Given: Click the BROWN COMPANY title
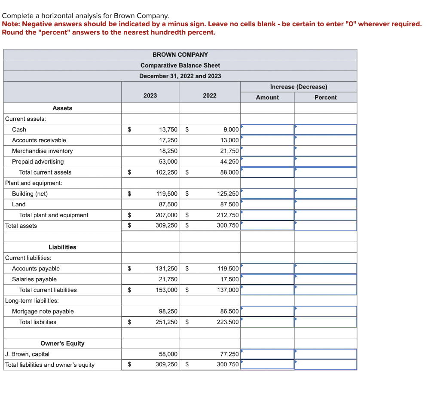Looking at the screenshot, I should [180, 55].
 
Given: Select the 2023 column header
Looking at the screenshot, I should [150, 95].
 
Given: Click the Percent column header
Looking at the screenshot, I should [325, 98].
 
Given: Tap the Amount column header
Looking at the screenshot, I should [267, 98].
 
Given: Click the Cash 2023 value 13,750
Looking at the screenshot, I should [168, 129].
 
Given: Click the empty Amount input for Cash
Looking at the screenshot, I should [267, 129].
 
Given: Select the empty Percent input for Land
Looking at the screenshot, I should [325, 204].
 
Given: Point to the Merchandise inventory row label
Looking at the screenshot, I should [42, 151].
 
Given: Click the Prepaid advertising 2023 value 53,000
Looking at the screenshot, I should [168, 162].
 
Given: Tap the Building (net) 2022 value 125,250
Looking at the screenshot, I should [228, 194].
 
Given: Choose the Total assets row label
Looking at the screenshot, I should [21, 226].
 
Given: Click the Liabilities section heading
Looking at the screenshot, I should [62, 247].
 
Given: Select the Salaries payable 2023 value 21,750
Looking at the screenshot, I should [168, 279].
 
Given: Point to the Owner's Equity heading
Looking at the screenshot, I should [62, 344].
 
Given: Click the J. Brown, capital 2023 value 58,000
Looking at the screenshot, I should [168, 354].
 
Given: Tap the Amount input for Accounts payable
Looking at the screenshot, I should [267, 269].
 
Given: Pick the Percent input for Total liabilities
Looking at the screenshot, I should [325, 322].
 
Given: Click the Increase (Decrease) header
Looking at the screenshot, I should [298, 87].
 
